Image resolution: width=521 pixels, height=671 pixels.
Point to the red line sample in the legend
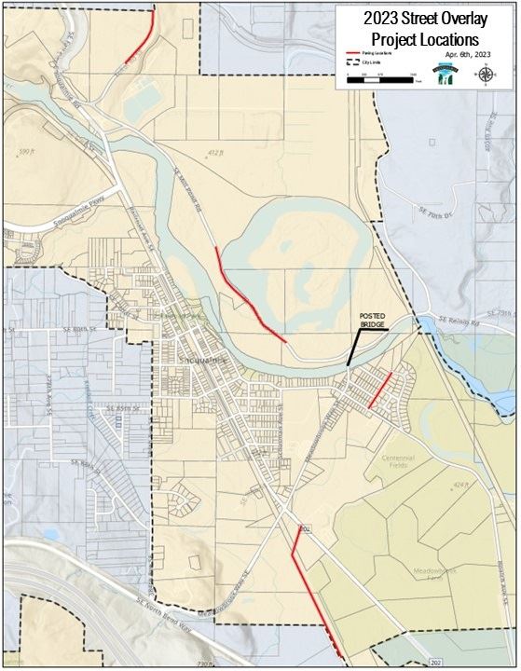tap(353, 53)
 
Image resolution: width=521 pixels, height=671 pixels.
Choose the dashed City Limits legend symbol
tap(353, 63)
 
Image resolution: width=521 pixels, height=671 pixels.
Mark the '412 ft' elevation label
tap(217, 152)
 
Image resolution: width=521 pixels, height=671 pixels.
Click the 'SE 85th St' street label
tap(122, 408)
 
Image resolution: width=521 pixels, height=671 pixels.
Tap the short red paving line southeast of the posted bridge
tap(379, 390)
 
